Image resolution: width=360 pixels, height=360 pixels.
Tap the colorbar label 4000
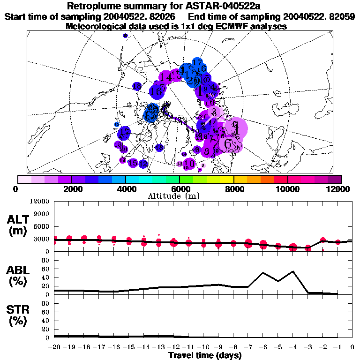[x=126, y=189]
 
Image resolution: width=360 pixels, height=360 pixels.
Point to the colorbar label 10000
[x=287, y=189]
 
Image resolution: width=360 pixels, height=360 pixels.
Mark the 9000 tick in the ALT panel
[x=43, y=214]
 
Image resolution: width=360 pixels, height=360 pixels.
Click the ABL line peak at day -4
[x=293, y=271]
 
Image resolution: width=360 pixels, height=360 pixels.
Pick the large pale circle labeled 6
[x=228, y=143]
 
